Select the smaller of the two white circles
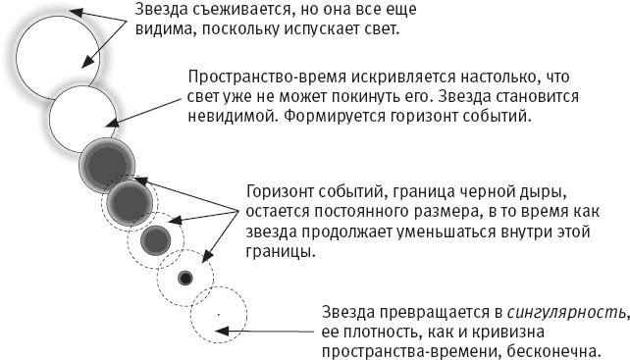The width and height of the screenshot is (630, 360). click(83, 119)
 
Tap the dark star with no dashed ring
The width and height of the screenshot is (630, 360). click(108, 163)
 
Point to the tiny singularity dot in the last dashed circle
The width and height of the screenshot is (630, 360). click(219, 314)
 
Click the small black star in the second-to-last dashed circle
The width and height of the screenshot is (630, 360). click(184, 279)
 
